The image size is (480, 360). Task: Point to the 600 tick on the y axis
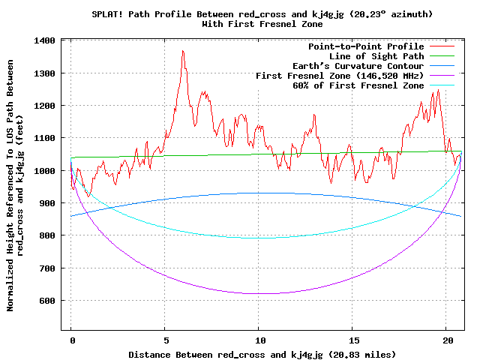(49, 301)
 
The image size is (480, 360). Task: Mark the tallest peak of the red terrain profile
(182, 51)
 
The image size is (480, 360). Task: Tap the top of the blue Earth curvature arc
(259, 193)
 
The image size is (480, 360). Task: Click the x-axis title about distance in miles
(262, 353)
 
